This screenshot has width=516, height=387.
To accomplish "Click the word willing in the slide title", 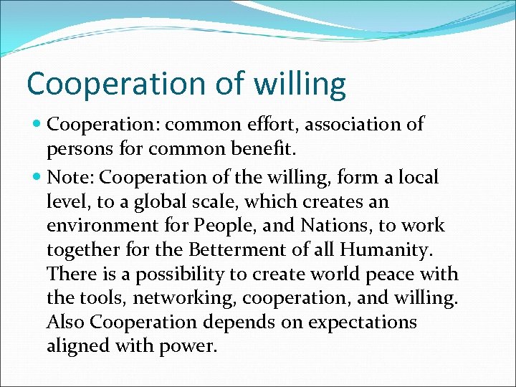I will (300, 84).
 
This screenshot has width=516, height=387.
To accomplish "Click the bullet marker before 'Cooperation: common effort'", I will (37, 125).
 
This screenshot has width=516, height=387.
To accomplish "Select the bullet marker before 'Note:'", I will (37, 176).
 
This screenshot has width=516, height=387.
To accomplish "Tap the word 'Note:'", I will (70, 176).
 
